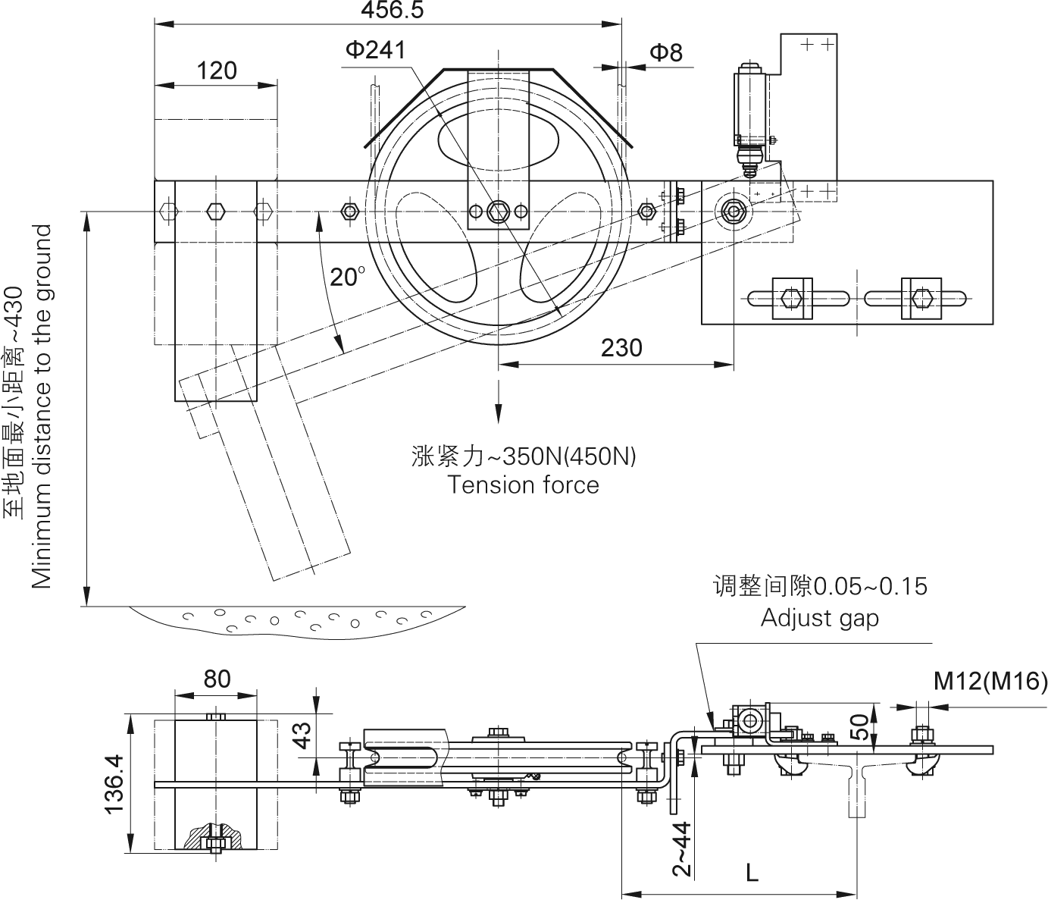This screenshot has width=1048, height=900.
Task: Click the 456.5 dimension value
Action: [x=392, y=10]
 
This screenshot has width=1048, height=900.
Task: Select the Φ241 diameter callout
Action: [x=375, y=50]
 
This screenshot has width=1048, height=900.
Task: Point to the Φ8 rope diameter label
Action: [x=665, y=52]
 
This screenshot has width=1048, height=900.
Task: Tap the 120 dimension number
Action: [x=217, y=71]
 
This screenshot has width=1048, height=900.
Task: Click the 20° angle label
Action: [x=347, y=277]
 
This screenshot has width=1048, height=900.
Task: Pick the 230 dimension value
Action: [x=621, y=347]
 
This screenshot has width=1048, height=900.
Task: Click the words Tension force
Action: [x=523, y=484]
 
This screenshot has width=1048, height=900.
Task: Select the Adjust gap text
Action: [x=820, y=618]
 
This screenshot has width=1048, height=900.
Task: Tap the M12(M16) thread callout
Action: [x=990, y=681]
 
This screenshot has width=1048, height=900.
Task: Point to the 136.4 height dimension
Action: [x=114, y=783]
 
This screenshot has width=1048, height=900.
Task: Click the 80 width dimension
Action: [x=217, y=679]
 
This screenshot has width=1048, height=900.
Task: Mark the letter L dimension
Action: [x=752, y=873]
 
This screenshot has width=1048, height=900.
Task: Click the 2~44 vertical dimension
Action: [x=683, y=849]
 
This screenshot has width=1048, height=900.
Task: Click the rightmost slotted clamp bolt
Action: [x=921, y=298]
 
